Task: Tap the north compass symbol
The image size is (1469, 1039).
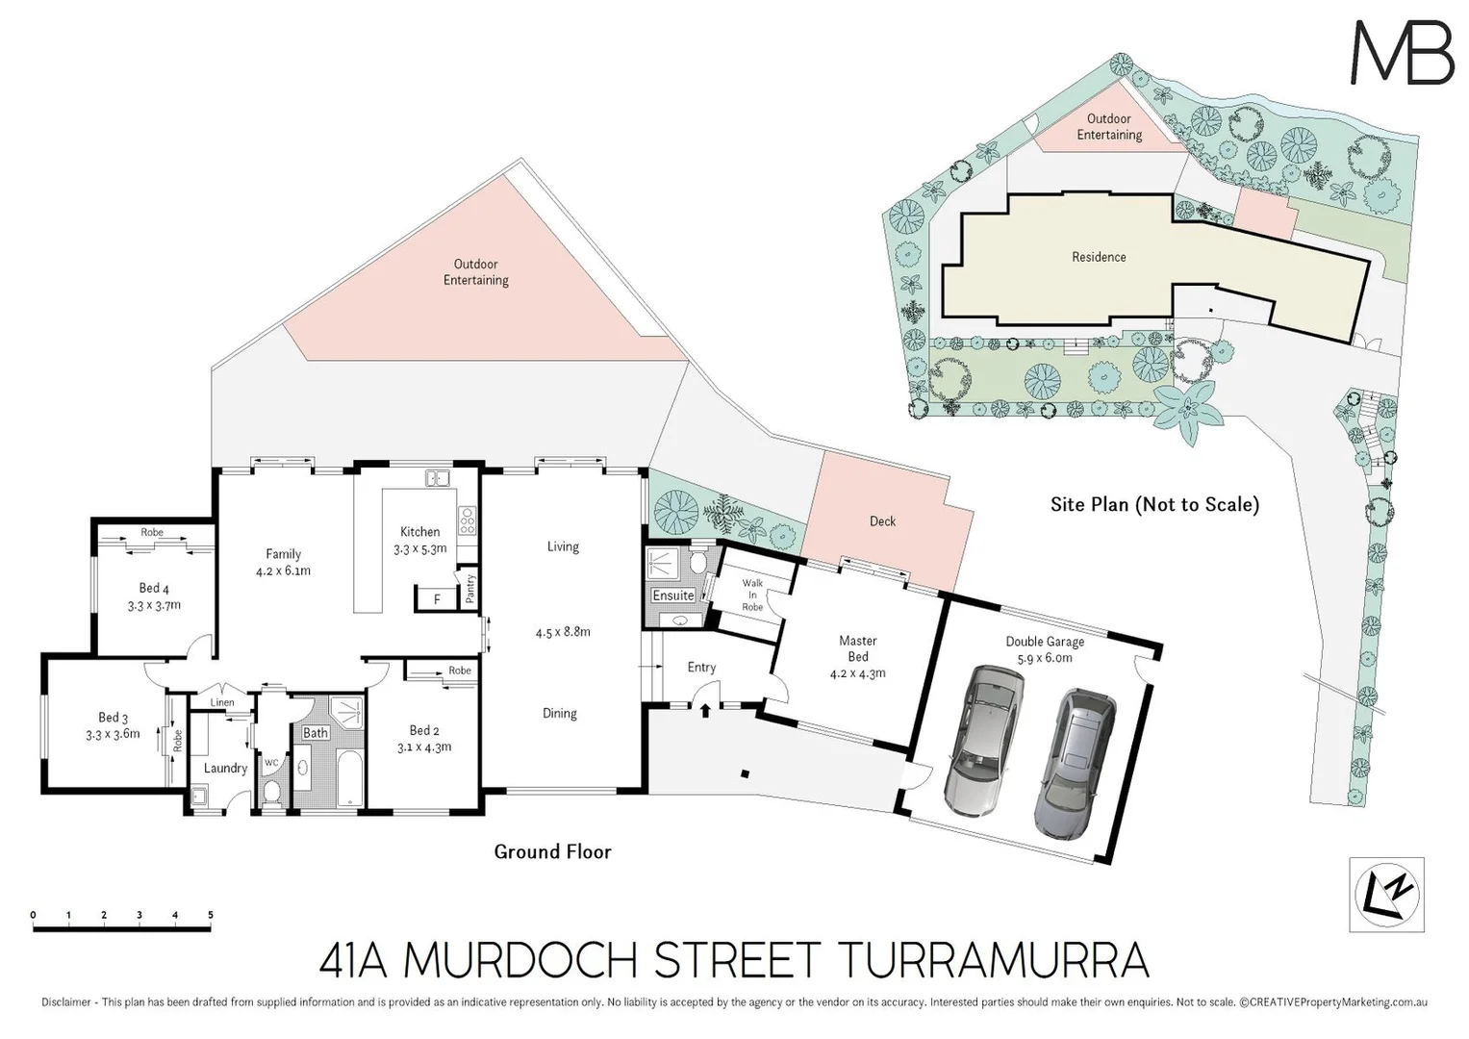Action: (1386, 895)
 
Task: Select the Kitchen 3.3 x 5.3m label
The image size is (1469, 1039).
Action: (420, 541)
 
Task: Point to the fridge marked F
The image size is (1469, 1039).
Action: (437, 599)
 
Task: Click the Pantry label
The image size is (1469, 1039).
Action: (470, 588)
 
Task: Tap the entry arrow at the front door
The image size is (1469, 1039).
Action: (705, 711)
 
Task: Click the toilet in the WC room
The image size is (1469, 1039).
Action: (272, 792)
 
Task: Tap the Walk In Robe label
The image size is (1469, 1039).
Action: (752, 595)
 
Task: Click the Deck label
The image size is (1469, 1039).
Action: (882, 521)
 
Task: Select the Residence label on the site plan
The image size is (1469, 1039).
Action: (1099, 257)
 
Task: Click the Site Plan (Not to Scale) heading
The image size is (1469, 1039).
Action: (1154, 504)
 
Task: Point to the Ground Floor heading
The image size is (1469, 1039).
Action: (552, 851)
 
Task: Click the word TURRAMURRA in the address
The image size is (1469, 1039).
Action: (994, 960)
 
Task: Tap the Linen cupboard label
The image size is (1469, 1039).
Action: (222, 702)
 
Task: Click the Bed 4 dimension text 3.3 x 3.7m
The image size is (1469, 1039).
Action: (154, 606)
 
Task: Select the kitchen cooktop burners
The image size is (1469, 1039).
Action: (468, 520)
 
